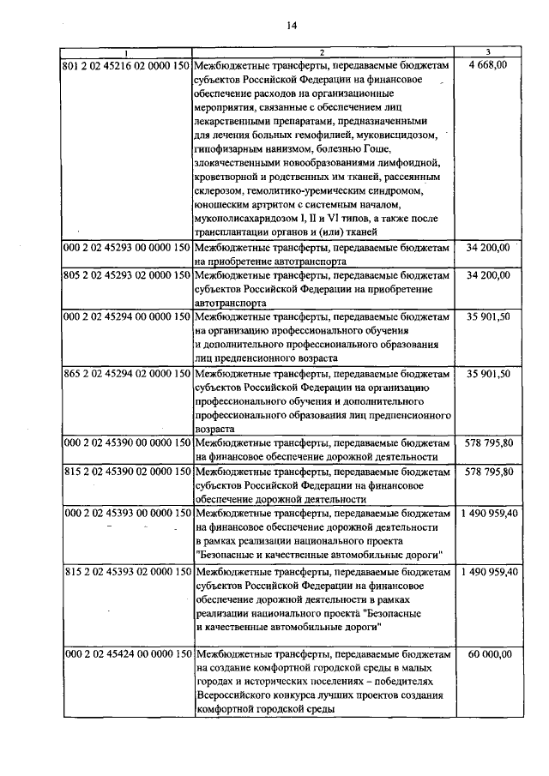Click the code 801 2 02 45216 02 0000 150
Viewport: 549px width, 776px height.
click(x=126, y=65)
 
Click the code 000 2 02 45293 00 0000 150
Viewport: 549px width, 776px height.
click(x=126, y=247)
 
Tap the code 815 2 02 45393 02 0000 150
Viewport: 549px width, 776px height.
click(x=126, y=571)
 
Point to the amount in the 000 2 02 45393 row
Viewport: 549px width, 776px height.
click(x=488, y=513)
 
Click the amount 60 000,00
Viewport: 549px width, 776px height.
click(x=489, y=653)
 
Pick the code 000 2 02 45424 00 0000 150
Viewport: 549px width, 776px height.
click(x=126, y=653)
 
